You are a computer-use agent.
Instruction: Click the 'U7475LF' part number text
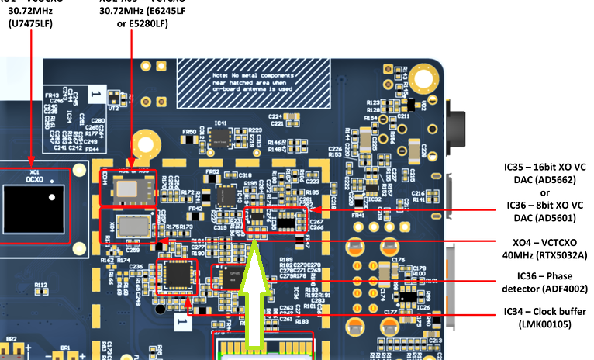[32, 23]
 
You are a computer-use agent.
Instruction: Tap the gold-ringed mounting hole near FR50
[143, 143]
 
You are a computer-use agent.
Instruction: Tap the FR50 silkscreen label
[189, 133]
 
